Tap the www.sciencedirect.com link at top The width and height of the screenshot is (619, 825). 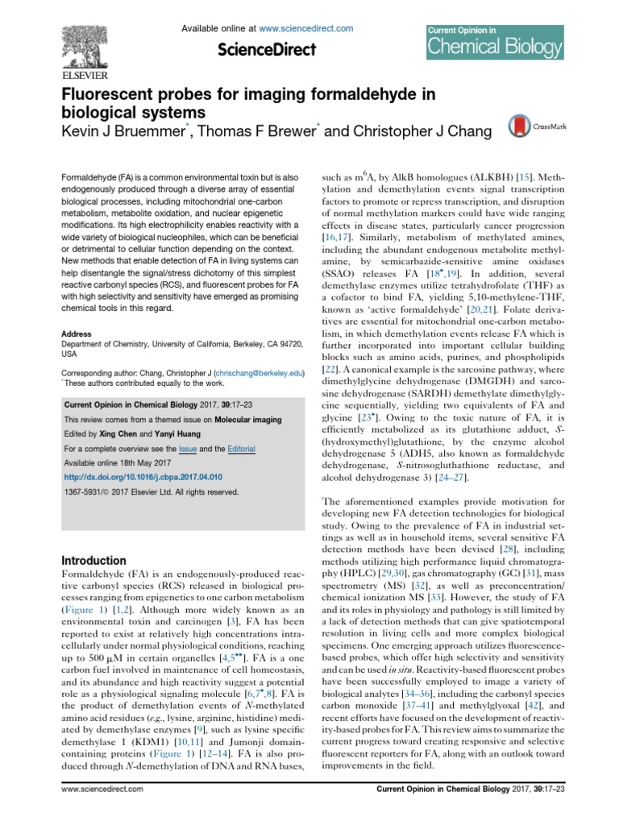pyautogui.click(x=311, y=28)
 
